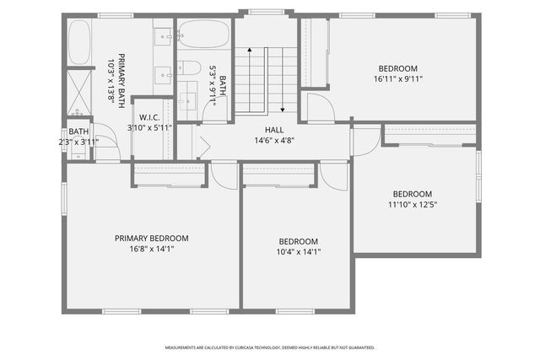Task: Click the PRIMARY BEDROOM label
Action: point(152,239)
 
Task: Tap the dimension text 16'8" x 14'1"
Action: point(152,250)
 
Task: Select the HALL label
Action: point(274,130)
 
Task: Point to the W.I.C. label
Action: point(149,117)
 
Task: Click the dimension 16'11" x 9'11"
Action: point(397,79)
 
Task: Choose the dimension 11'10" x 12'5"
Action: point(412,204)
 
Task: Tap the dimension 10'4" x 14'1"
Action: point(299,251)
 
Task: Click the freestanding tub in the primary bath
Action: point(79,43)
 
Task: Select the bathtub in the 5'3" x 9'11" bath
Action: point(203,35)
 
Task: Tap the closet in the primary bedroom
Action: point(170,174)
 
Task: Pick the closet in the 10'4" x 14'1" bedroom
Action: point(278,175)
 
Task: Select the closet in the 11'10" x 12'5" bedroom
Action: point(429,136)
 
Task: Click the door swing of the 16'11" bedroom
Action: point(318,108)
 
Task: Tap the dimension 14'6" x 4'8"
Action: point(274,141)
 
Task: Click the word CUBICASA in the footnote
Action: point(240,347)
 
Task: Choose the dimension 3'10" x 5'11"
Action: point(149,127)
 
